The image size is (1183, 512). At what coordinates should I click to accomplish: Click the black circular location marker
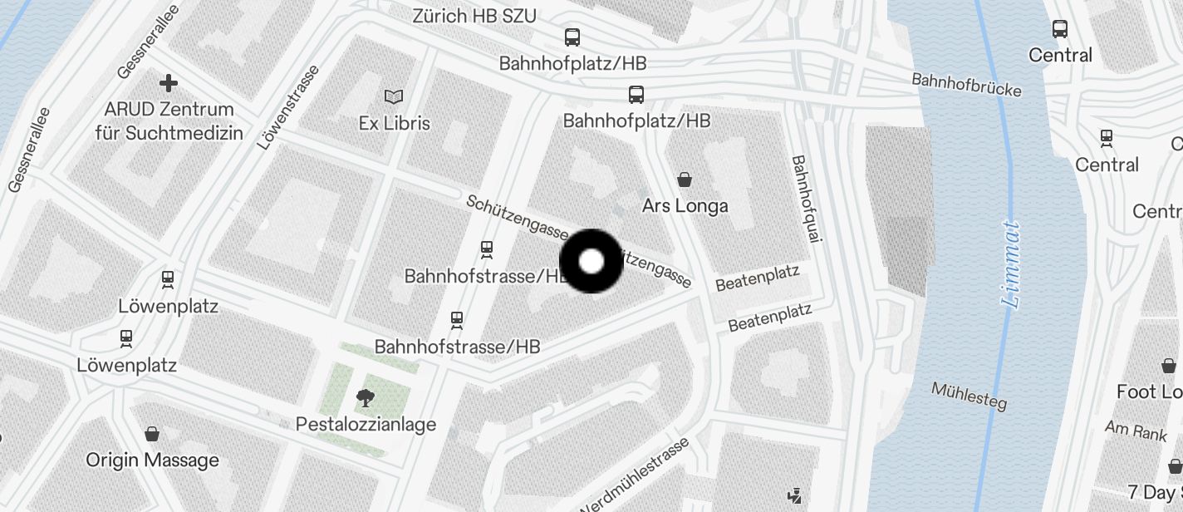591,262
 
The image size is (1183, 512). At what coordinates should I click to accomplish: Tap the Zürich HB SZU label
474,16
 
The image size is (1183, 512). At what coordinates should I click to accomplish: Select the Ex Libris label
394,123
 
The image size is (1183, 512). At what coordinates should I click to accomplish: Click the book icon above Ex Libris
394,97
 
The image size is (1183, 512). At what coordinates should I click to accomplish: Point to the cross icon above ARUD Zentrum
169,83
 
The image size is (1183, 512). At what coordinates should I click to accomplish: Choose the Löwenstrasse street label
287,108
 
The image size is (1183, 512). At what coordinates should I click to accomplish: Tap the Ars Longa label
685,205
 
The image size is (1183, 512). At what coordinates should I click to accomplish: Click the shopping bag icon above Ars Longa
685,179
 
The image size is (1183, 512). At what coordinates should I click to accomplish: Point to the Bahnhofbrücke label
966,85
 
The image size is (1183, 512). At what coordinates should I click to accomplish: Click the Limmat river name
1010,263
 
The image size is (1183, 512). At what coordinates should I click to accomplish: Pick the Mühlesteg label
969,396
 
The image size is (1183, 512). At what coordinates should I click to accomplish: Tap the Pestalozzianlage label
366,425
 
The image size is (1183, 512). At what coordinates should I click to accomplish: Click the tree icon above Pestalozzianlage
365,399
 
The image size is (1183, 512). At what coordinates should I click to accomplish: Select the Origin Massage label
152,460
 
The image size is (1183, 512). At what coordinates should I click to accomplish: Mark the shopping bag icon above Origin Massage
152,434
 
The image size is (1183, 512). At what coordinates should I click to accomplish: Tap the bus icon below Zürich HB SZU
572,37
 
